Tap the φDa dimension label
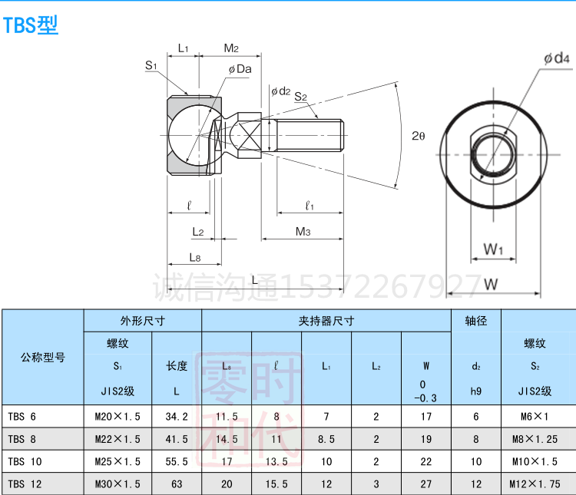tap(240, 69)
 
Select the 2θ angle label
tap(418, 136)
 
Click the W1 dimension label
tap(493, 249)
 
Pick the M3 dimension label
tap(303, 231)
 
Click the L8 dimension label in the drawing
tap(194, 257)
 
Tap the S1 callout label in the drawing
tap(151, 66)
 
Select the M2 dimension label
tap(231, 48)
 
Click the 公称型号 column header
tap(43, 357)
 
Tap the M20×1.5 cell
tap(118, 417)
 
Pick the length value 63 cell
tap(177, 483)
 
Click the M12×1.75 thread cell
tap(538, 483)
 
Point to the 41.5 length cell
tap(177, 439)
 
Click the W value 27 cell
tap(426, 483)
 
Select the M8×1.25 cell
tap(538, 439)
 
